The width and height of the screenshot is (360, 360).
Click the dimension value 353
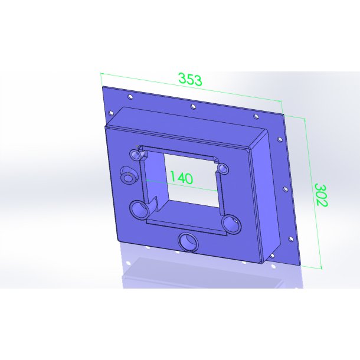[x=191, y=79]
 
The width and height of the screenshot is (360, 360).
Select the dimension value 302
[x=321, y=195]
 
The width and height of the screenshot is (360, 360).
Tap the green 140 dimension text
[x=181, y=178]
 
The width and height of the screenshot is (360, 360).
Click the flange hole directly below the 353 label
[x=194, y=107]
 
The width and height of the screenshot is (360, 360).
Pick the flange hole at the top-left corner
[x=130, y=97]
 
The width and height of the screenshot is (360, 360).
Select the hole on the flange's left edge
[x=111, y=113]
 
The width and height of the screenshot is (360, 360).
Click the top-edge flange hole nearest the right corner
[x=256, y=117]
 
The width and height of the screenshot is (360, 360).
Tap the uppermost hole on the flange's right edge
[x=280, y=139]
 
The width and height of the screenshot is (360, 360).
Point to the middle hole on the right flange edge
[x=286, y=189]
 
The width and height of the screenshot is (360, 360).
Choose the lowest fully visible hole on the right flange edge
[x=291, y=239]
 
